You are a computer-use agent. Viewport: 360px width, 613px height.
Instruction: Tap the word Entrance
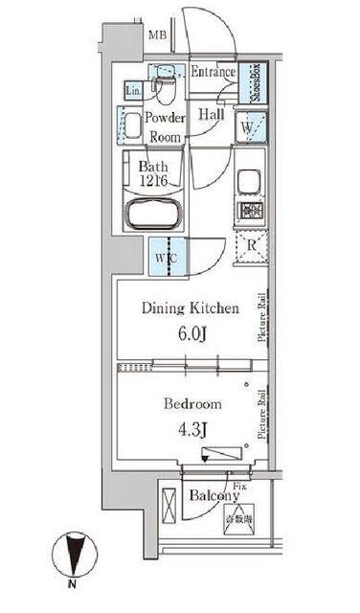tap(213, 73)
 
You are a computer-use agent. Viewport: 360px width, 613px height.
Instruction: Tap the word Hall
tap(211, 114)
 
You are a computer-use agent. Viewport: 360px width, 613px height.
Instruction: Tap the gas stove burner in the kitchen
tap(248, 214)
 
